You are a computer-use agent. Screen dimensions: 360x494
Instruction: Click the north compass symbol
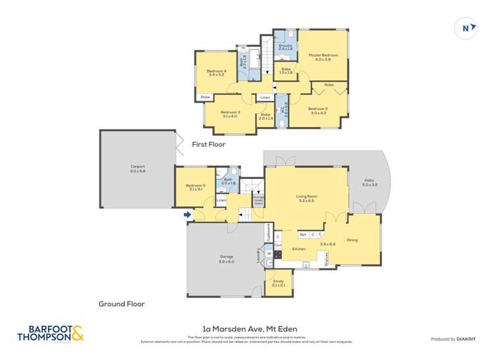466,28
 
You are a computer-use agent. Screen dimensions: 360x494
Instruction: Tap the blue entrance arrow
188,214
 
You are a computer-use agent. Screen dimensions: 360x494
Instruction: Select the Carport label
138,168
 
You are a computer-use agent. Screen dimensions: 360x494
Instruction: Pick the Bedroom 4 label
216,72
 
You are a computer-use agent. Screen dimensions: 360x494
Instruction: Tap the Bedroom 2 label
317,110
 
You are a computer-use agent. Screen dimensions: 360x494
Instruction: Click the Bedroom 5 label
196,187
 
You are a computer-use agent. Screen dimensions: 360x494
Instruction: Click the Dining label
352,240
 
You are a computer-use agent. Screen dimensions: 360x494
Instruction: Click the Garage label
226,257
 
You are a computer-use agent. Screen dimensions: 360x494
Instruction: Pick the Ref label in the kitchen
302,234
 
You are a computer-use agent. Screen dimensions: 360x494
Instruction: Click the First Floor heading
209,143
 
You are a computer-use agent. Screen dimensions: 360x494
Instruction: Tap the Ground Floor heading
121,303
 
